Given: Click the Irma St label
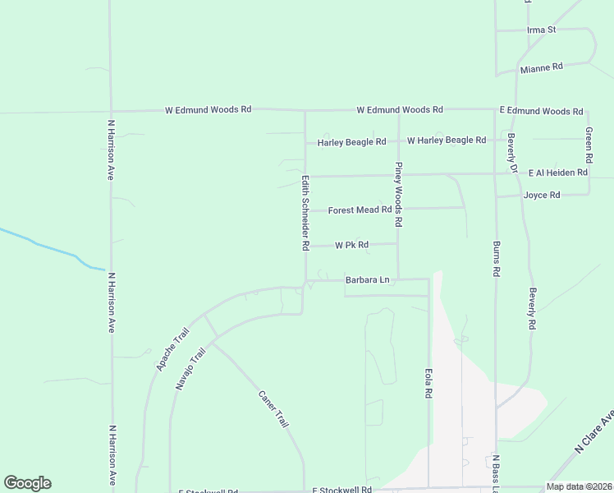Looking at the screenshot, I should (x=541, y=30).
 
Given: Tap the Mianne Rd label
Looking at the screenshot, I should (x=541, y=68).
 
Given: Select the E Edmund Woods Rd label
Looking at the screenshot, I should (x=541, y=111).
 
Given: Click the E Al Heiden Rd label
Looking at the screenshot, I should (x=558, y=173).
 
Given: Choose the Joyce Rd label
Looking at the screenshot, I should (x=542, y=196).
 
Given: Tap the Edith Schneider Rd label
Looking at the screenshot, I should (x=305, y=212).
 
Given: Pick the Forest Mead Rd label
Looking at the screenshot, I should (x=360, y=210).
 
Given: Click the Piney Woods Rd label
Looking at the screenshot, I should (x=398, y=194).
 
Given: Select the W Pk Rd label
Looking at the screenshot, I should (x=351, y=245).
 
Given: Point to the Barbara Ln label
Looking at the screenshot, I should (x=367, y=280).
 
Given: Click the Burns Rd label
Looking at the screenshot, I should (x=497, y=259).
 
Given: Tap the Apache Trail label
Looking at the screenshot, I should (x=172, y=348).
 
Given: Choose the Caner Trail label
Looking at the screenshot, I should (x=273, y=408).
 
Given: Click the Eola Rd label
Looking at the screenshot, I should (x=428, y=383).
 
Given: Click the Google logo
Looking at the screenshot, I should (x=27, y=483).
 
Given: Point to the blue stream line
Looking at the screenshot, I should (x=49, y=247).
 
